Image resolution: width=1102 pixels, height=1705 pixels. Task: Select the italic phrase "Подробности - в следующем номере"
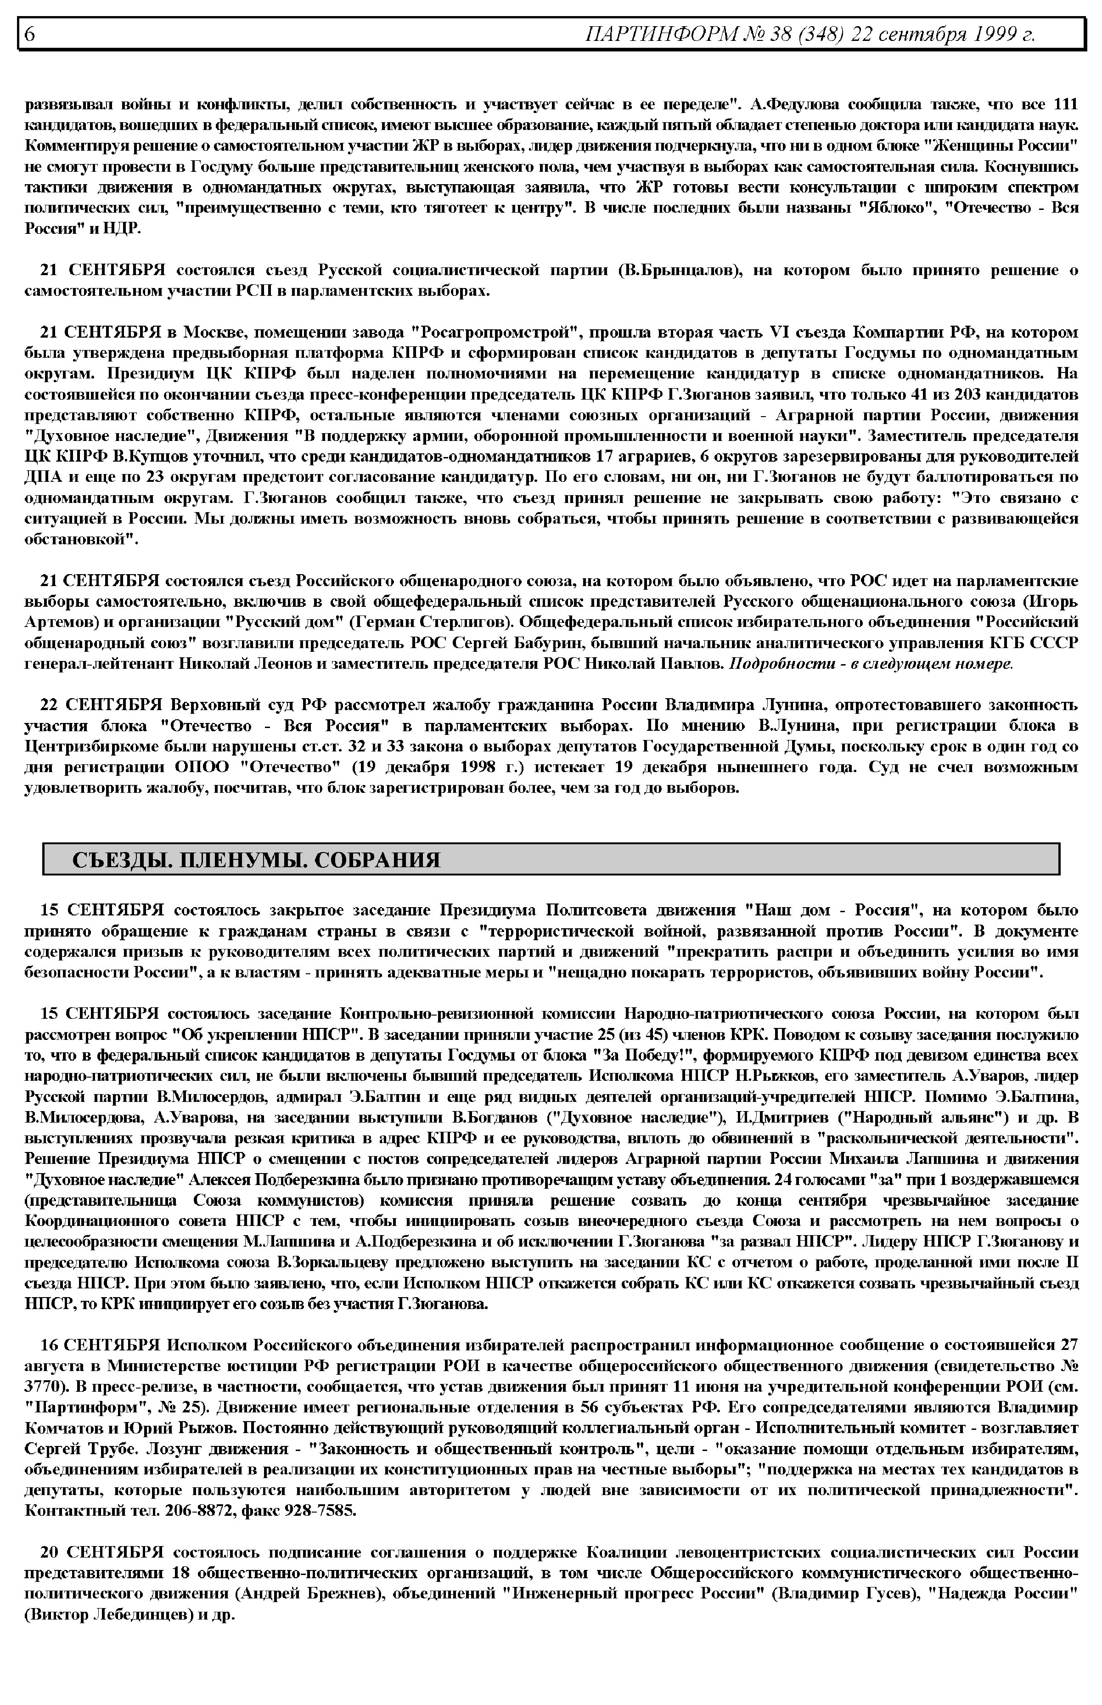coord(870,664)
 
